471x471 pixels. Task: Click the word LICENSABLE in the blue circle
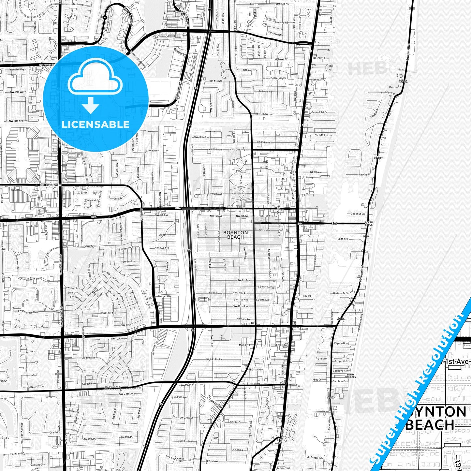pyautogui.click(x=96, y=125)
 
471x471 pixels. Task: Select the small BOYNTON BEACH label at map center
pyautogui.click(x=235, y=235)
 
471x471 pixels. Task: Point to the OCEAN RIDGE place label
pyautogui.click(x=369, y=224)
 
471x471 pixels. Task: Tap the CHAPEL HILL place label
pyautogui.click(x=180, y=460)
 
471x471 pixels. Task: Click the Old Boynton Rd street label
pyautogui.click(x=51, y=185)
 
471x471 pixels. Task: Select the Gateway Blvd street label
pyautogui.click(x=46, y=65)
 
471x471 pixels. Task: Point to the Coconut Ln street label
pyautogui.click(x=358, y=214)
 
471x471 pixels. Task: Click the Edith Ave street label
pyautogui.click(x=343, y=239)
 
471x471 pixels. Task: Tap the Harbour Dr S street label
pyautogui.click(x=340, y=293)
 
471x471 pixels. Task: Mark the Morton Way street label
pyautogui.click(x=165, y=296)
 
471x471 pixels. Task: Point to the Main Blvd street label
pyautogui.click(x=244, y=345)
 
